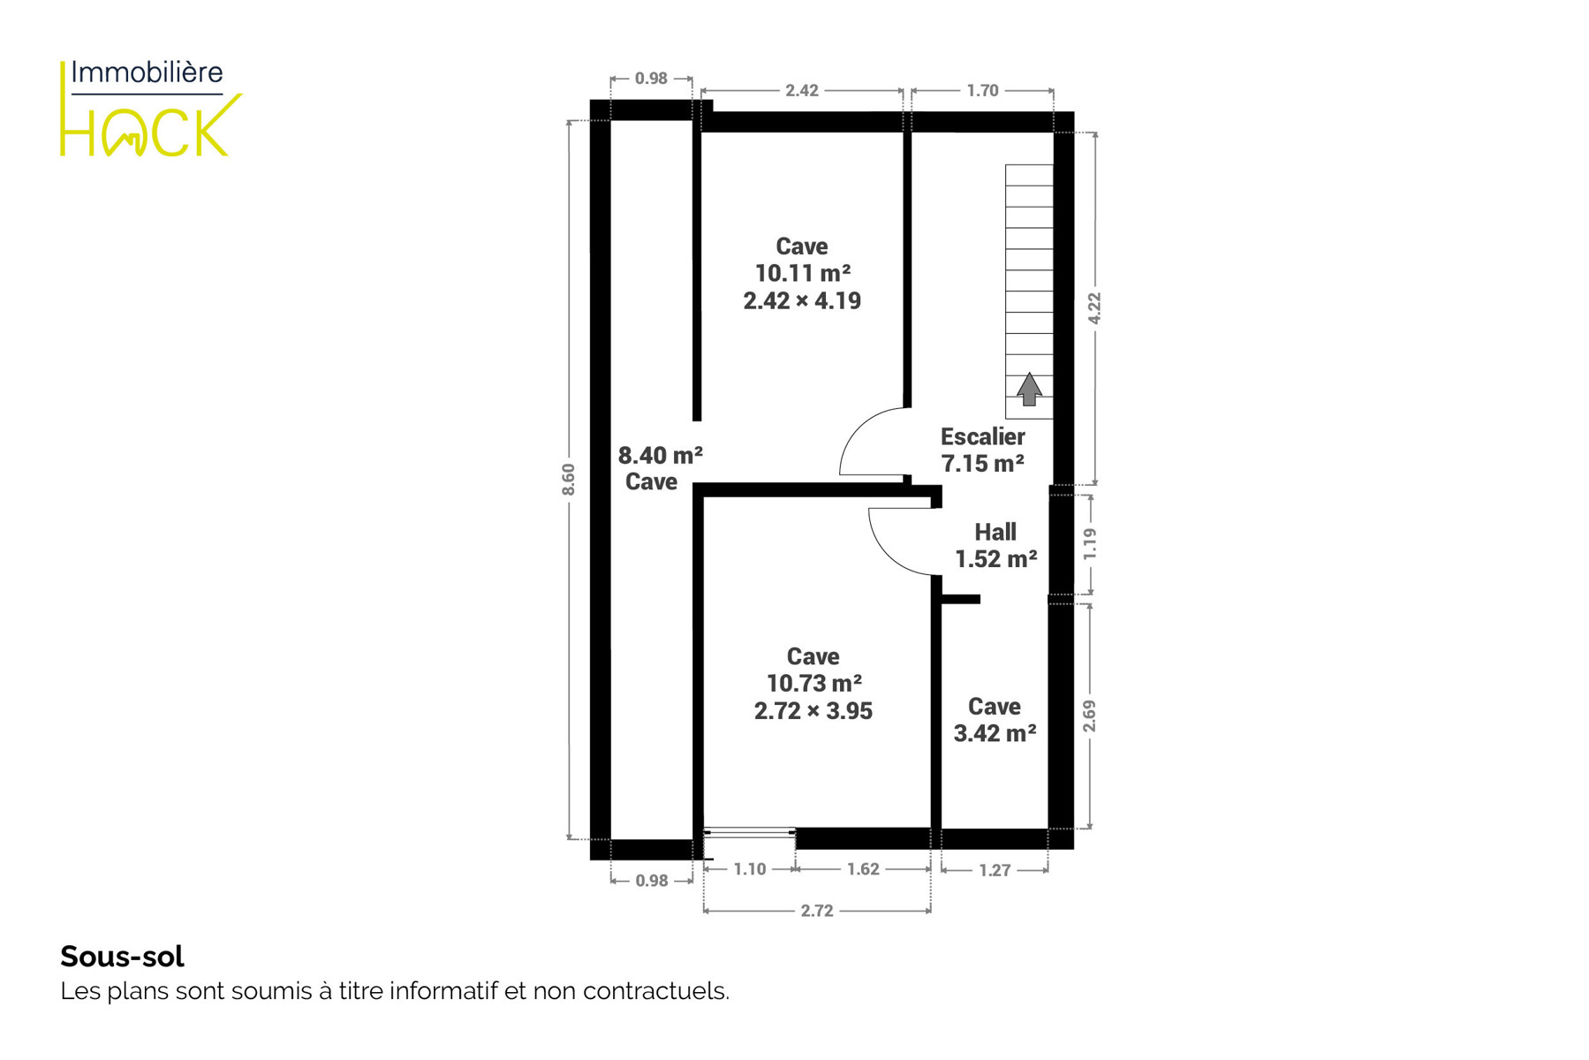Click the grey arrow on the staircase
[x=1029, y=390]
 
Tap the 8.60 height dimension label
[x=569, y=479]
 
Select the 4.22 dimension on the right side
[x=1094, y=308]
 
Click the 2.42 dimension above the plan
[x=802, y=90]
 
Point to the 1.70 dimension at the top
[x=982, y=90]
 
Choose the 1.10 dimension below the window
[x=750, y=869]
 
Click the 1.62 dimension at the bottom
[x=863, y=869]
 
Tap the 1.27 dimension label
[x=995, y=870]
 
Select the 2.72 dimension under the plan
[x=817, y=911]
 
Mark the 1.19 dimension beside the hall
[x=1090, y=543]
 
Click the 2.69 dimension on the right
[x=1090, y=715]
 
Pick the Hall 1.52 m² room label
[x=995, y=545]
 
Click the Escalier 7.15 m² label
[x=982, y=450]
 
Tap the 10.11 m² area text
[x=802, y=273]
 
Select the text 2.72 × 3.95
[x=813, y=711]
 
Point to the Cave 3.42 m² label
[x=995, y=719]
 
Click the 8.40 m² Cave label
[x=660, y=468]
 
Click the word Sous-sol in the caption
[x=122, y=957]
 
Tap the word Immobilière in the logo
[x=147, y=72]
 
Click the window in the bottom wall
[x=749, y=832]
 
